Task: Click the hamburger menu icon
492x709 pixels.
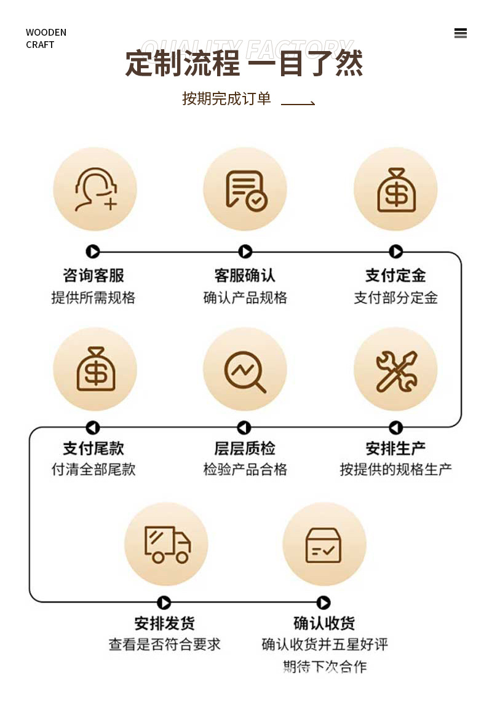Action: click(460, 33)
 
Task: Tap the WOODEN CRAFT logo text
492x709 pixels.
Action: click(46, 38)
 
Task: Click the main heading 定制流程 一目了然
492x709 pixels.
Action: click(244, 63)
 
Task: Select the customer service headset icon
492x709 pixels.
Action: click(95, 189)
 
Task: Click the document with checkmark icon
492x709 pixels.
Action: click(245, 189)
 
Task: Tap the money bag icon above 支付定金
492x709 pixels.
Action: click(395, 189)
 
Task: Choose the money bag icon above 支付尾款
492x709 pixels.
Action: click(95, 369)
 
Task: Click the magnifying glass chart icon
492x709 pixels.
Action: click(245, 370)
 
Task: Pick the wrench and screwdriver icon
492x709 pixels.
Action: click(395, 370)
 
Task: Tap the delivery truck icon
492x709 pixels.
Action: click(166, 544)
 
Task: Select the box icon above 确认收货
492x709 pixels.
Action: click(323, 544)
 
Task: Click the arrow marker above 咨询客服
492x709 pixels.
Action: click(93, 252)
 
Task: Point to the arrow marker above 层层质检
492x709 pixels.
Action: click(244, 427)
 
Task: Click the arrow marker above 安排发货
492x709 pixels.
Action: click(164, 603)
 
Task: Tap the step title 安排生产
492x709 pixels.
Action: click(395, 448)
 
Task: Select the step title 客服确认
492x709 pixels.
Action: click(245, 275)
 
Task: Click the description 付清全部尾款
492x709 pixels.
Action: click(93, 469)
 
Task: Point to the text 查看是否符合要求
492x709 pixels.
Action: click(164, 644)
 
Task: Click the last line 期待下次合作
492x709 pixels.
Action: click(324, 667)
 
